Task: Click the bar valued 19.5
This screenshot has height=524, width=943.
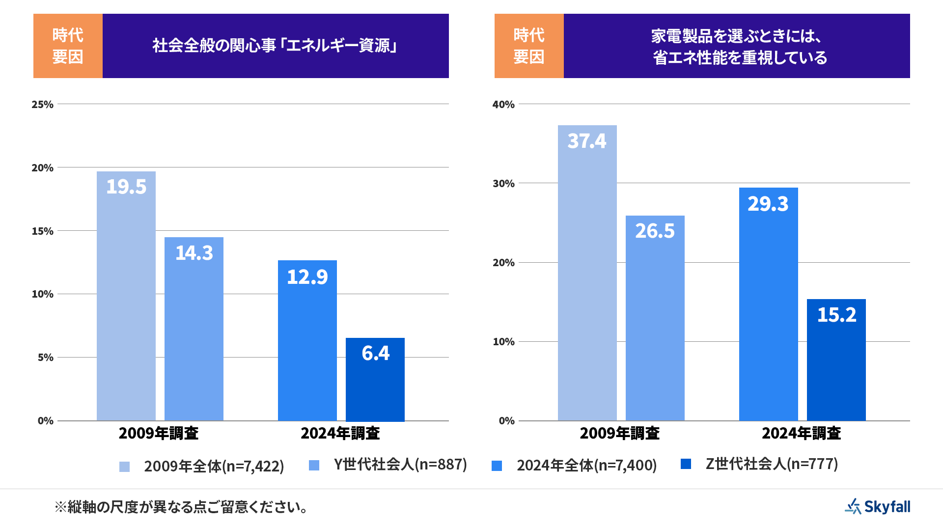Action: point(126,296)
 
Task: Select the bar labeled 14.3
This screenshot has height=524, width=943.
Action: point(194,329)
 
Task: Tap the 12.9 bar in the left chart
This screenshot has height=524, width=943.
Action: point(307,340)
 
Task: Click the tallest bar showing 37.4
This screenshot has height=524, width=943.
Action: point(587,273)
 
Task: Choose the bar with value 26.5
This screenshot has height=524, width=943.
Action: point(655,318)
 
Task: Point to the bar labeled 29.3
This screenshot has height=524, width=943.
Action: point(769,304)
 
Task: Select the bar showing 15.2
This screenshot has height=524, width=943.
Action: point(836,359)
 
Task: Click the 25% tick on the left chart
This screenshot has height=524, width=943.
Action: point(43,104)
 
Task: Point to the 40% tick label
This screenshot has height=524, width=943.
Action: point(503,104)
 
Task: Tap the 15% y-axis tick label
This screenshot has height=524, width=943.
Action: point(43,231)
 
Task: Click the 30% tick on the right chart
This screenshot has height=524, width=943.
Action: point(503,183)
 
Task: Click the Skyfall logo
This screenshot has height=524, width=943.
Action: point(878,506)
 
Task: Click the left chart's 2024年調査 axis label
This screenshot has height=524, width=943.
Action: point(340,433)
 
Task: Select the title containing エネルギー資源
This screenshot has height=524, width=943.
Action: point(276,46)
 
